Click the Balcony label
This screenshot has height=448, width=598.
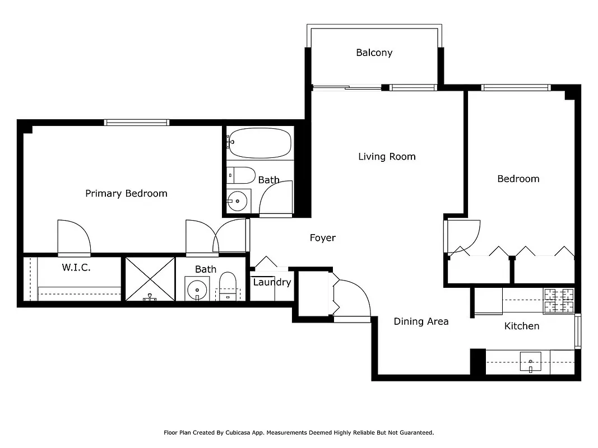374,53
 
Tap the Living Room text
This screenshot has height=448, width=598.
387,156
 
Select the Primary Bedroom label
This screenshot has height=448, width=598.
126,193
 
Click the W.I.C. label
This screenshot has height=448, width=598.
76,268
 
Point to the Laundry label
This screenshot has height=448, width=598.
272,282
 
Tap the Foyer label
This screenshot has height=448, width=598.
323,238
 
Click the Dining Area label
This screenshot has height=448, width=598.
421,321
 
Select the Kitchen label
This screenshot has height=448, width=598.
522,326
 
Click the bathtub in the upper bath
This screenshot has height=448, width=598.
261,143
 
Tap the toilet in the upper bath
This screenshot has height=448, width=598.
240,175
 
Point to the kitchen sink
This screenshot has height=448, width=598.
530,361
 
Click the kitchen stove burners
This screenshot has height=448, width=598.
558,301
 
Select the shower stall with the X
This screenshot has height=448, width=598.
150,278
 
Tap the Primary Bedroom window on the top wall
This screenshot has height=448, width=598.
136,122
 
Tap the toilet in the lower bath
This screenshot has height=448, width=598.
228,287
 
